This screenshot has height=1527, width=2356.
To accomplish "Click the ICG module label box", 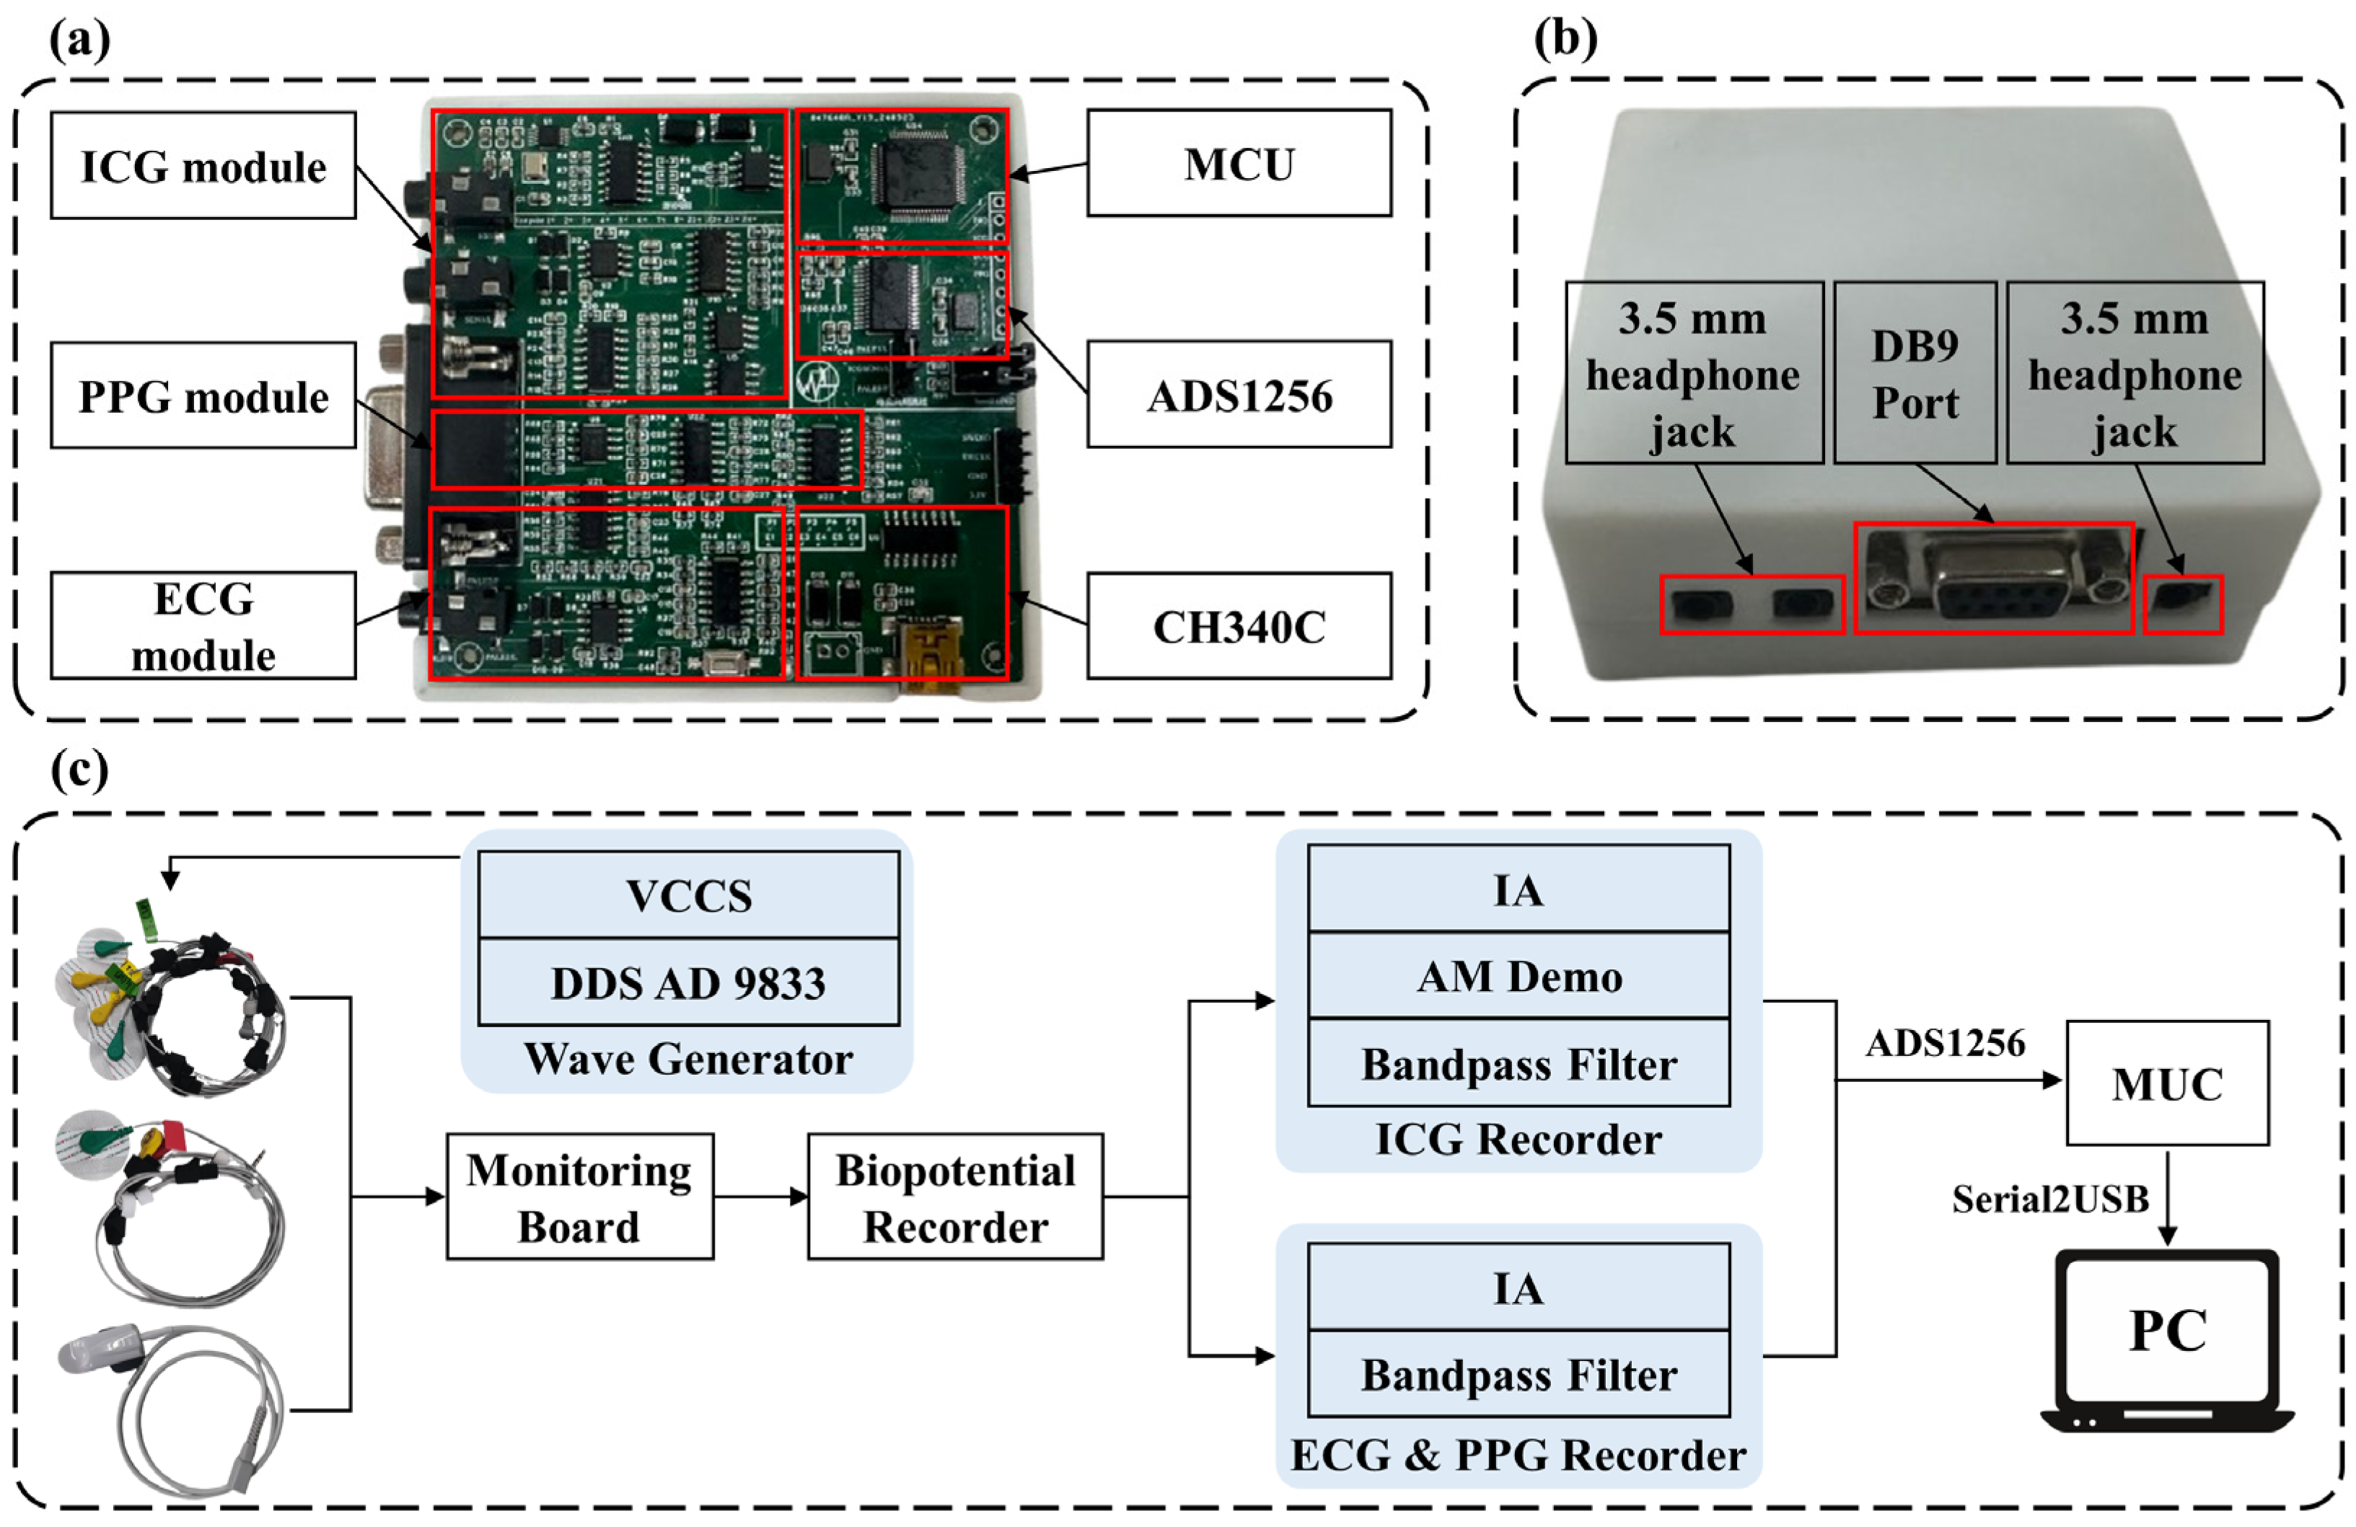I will coord(203,165).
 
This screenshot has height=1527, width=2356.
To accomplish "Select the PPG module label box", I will coord(203,396).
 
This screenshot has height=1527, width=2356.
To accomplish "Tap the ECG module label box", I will coord(203,625).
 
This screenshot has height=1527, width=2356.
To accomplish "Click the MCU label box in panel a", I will coord(1239,163).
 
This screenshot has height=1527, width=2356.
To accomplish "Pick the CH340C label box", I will coord(1239,625).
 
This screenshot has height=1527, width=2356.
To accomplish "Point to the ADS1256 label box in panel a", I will coord(1239,395).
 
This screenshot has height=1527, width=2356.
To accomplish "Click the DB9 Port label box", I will coord(1914,373).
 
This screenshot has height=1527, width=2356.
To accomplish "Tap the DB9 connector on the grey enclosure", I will coord(1992,579).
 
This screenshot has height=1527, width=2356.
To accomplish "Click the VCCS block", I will coord(688,894).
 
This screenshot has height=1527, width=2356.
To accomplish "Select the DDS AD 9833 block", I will coord(688,982).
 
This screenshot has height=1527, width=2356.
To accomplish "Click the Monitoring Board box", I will coord(579,1197).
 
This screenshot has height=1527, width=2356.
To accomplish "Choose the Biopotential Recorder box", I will coord(954,1197).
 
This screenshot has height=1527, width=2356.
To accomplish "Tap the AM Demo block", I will coord(1518,976).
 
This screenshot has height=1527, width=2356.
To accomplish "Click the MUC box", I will coord(2166,1083).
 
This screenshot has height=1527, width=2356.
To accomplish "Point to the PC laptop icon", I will coord(2166,1341).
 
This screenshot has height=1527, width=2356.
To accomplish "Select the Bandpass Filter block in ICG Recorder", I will coord(1518,1064).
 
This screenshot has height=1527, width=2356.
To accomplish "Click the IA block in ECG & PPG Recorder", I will coord(1518,1288).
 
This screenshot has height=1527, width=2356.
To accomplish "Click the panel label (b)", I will coord(1564,40).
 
